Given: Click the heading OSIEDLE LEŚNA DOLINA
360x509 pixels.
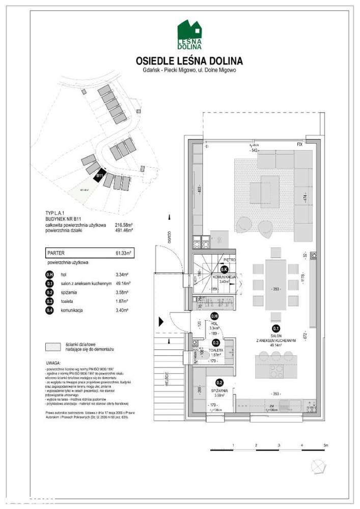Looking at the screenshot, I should tap(189, 61).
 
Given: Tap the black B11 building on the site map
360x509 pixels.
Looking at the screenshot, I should tap(100, 176).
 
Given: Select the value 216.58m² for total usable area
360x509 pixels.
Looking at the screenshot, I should tap(124, 224).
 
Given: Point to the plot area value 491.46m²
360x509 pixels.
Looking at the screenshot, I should tap(124, 230).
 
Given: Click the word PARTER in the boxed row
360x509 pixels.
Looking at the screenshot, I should tap(55, 252).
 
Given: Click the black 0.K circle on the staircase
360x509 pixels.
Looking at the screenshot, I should tap(224, 269).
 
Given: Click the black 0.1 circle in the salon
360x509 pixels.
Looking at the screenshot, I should tap(275, 328).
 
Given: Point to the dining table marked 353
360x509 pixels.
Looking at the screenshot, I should tap(275, 286).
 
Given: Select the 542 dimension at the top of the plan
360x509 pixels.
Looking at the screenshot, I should tap(255, 151).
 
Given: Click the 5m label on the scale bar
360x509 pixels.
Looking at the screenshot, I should tap(326, 445).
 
